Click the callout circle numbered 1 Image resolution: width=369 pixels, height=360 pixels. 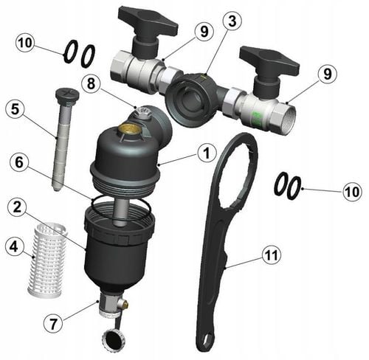coord(206,153)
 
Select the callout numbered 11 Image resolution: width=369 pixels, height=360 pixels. coord(271,256)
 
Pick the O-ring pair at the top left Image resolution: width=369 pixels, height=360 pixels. coord(78,53)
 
